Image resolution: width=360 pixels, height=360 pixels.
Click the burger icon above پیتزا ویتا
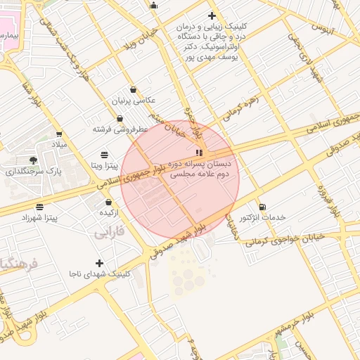105,155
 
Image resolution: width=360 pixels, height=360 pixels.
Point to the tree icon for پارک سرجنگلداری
33,160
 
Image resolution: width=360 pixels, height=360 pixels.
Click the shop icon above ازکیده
108,202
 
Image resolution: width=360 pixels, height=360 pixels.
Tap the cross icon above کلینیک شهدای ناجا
99,263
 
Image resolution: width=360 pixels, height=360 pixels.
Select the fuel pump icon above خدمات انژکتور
262,207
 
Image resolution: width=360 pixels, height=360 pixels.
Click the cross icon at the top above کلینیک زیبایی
212,15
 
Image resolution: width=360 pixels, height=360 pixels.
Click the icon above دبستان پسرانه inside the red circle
200,152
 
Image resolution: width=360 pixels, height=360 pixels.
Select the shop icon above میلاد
59,134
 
